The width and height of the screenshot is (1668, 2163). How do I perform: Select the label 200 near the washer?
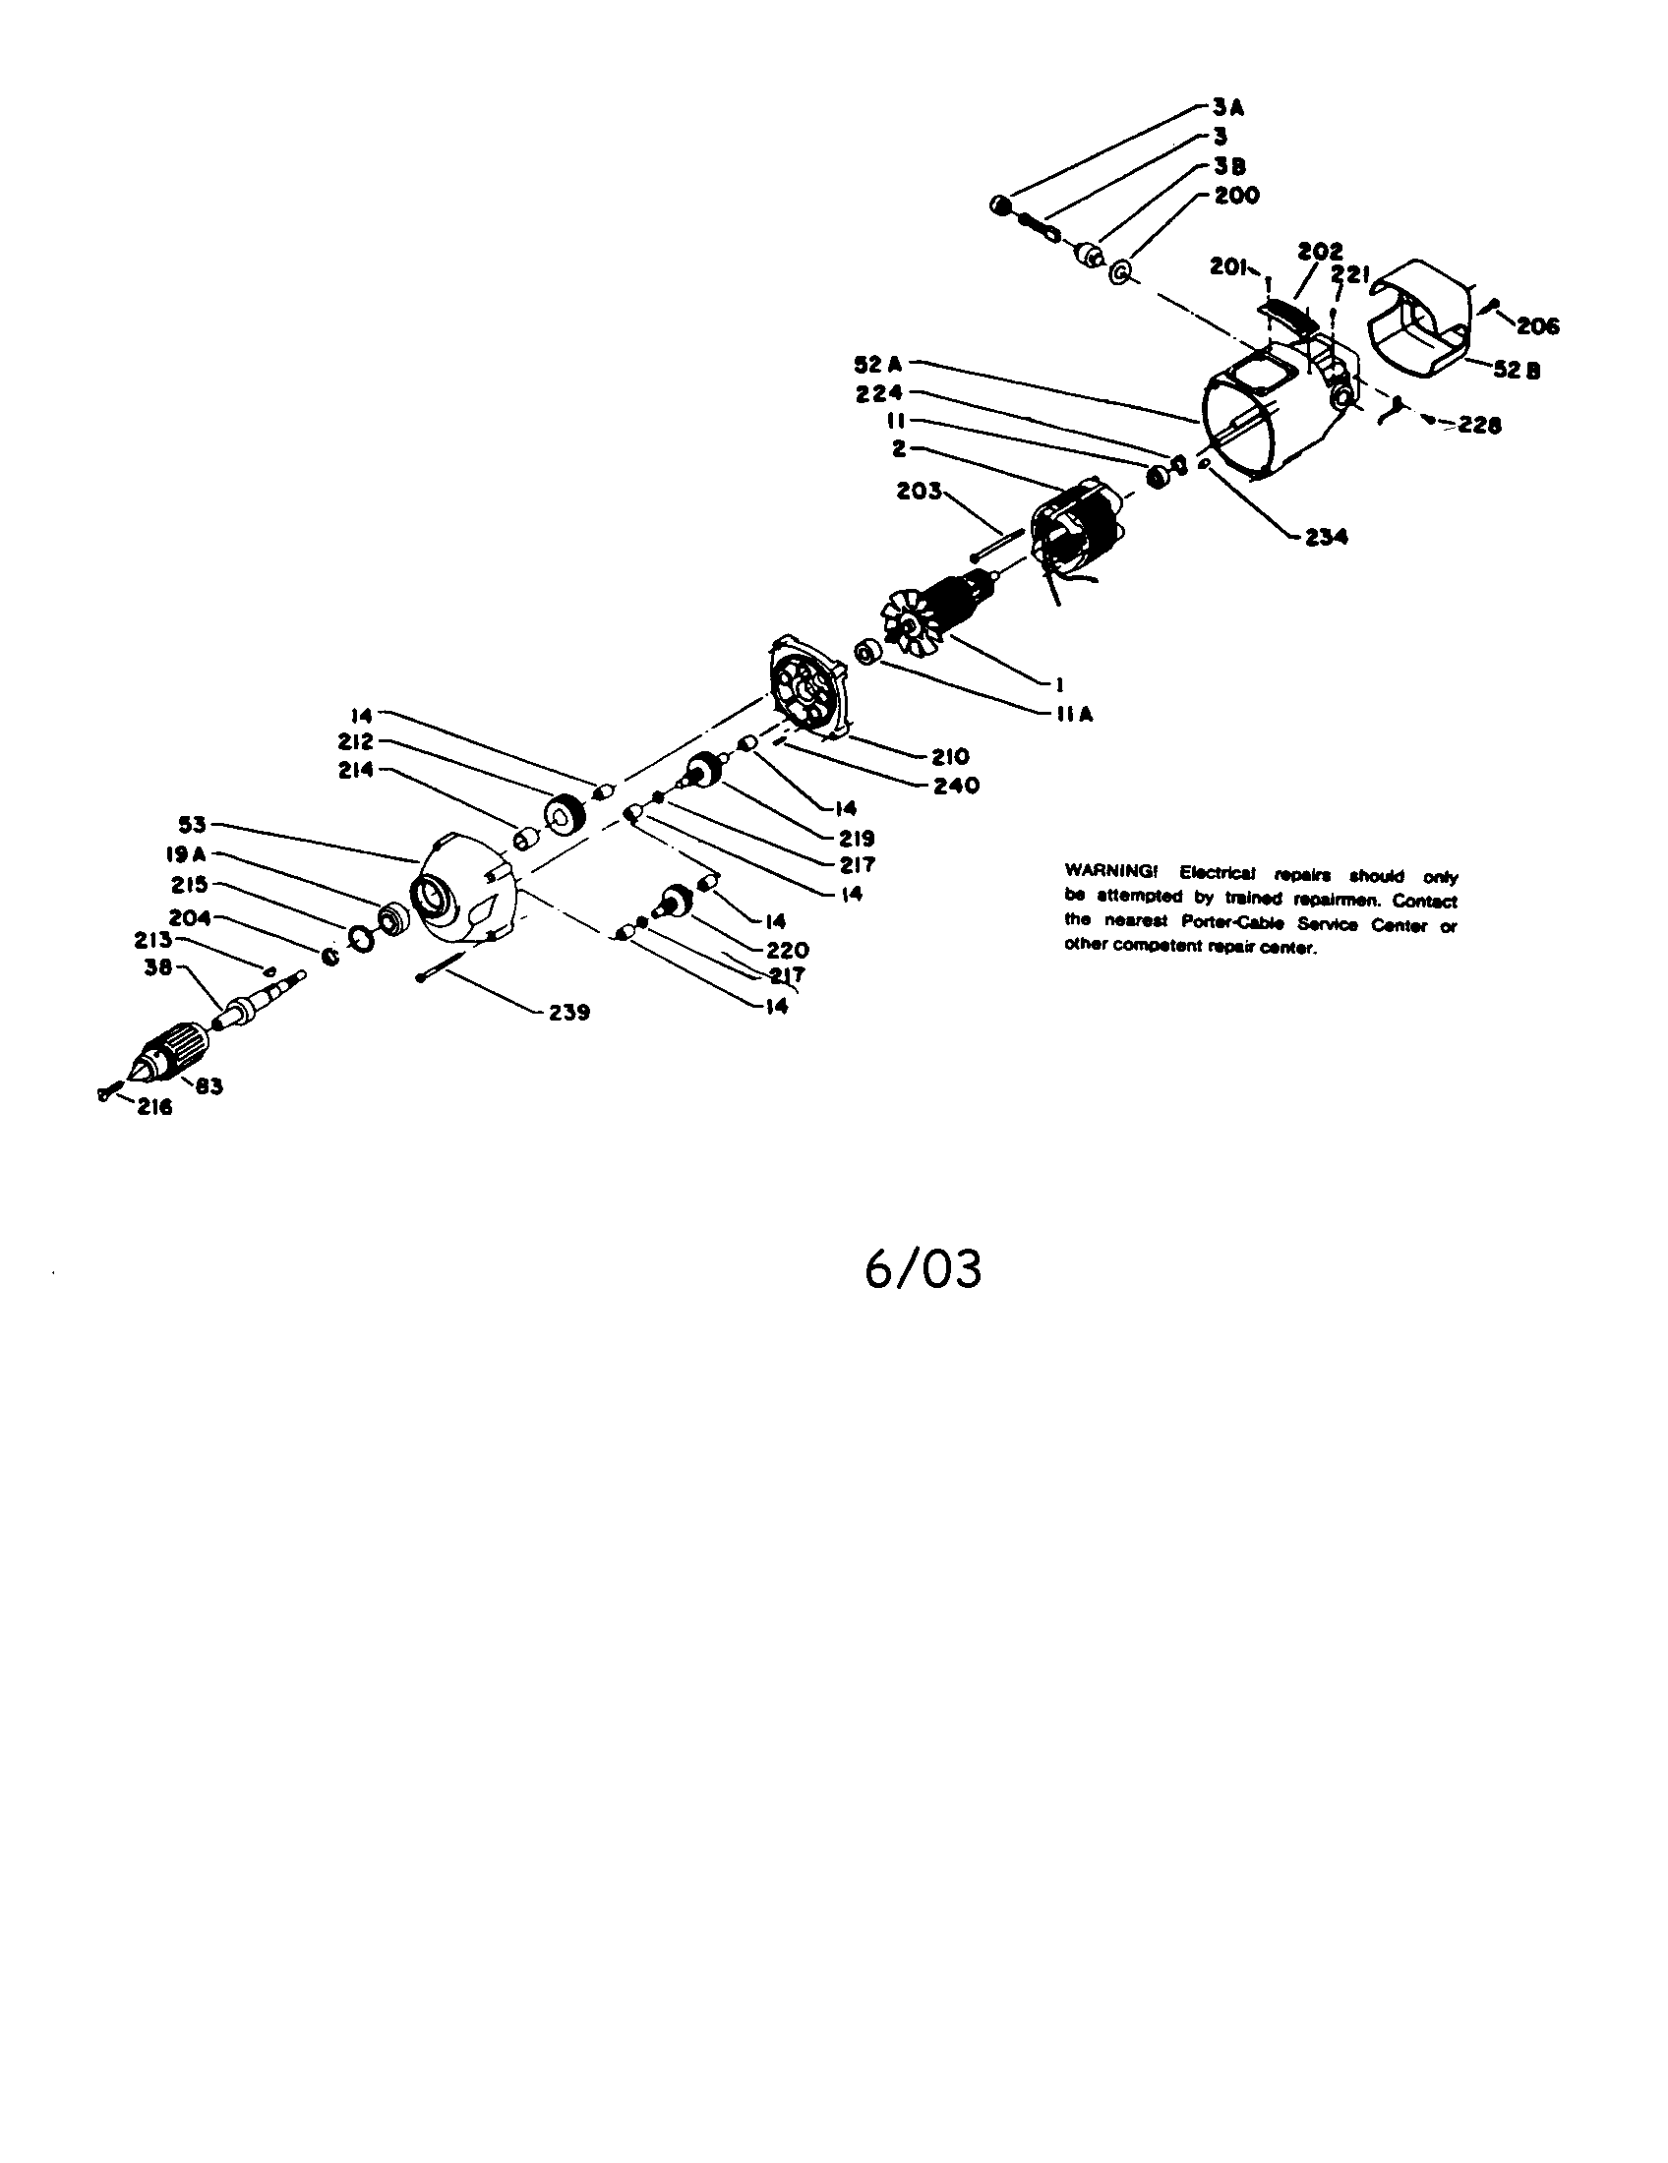coord(1236,195)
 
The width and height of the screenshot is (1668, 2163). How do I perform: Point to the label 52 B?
coord(1516,371)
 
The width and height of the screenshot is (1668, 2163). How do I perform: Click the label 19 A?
coord(186,854)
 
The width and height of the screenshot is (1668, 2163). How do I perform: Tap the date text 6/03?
coord(923,1269)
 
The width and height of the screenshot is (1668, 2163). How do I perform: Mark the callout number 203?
coord(919,491)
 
